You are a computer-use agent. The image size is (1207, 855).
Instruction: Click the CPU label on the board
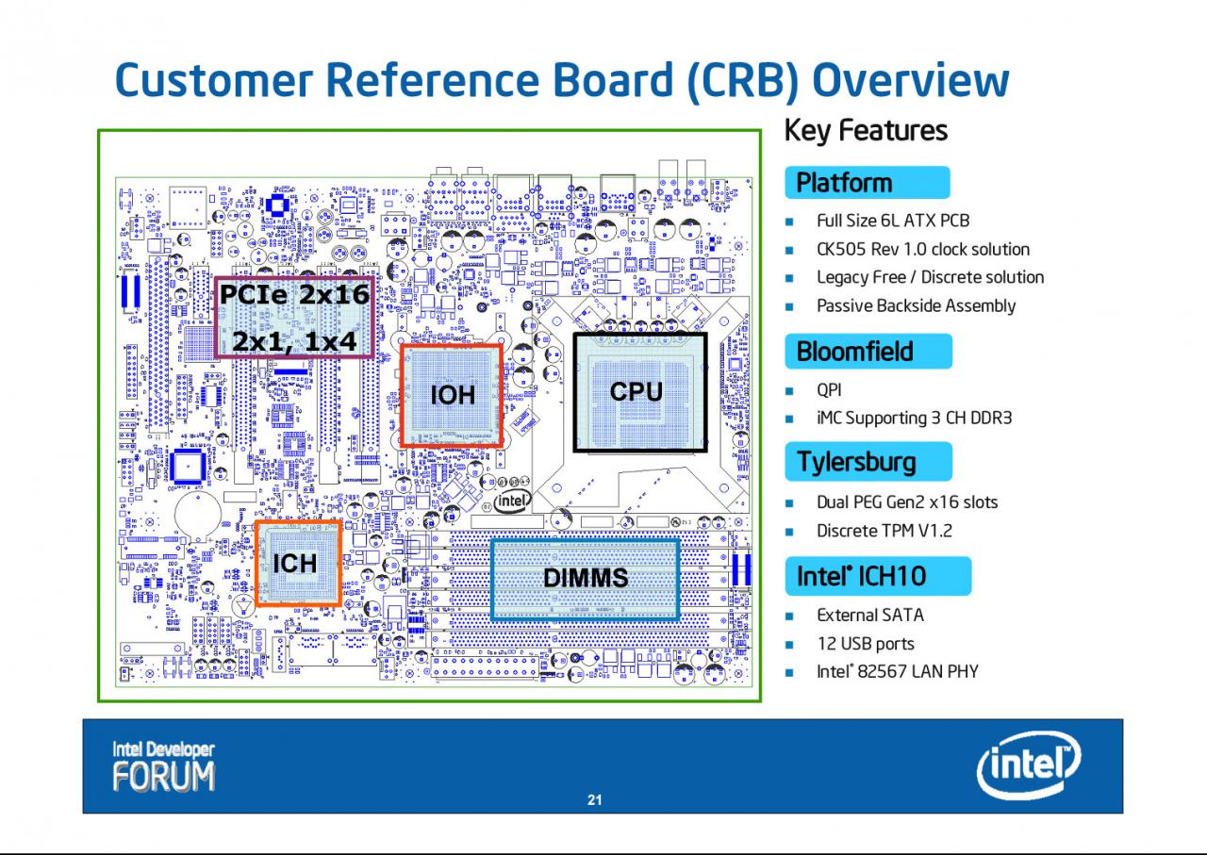636,391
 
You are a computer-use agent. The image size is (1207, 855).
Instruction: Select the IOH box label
453,395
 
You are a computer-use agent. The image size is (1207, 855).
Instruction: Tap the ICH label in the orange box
295,564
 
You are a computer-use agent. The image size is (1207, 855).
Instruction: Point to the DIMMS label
586,578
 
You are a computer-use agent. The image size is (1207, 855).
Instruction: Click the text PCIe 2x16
295,294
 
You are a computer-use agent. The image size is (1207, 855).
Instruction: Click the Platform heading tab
867,183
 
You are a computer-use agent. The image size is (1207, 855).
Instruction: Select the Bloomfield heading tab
868,352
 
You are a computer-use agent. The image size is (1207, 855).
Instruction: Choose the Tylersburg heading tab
868,462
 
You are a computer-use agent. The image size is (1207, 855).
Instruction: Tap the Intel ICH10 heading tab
878,576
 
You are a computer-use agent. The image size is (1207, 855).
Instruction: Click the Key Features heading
866,131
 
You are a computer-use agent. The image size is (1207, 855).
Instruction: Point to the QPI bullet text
829,390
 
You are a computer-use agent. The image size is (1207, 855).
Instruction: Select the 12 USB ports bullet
866,644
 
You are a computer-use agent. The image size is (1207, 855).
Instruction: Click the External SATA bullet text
870,616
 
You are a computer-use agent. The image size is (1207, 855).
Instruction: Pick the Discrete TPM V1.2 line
885,532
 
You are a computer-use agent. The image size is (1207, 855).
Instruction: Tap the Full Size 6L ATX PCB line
893,221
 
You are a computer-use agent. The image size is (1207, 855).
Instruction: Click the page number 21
594,800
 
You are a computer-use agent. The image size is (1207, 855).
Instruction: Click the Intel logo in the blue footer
1028,765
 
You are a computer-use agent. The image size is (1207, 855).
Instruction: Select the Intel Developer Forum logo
163,766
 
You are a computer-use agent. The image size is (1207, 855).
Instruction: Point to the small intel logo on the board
512,501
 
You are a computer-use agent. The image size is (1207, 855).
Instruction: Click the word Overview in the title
911,80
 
